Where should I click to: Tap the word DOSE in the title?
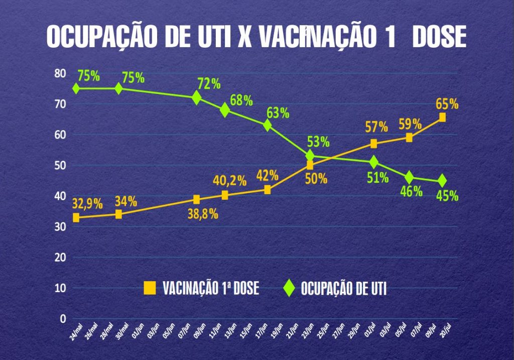439,37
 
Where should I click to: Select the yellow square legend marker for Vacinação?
150,288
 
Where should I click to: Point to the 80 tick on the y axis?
60,73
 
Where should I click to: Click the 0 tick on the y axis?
63,319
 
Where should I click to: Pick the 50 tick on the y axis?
60,165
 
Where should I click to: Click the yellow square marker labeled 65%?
442,117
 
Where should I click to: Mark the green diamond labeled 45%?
442,181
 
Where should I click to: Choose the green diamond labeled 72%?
197,97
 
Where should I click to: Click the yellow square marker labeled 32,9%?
76,217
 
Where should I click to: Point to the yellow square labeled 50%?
310,165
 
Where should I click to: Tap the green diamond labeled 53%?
310,156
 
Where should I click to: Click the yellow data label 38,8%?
203,214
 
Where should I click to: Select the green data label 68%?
241,100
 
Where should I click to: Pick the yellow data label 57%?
376,127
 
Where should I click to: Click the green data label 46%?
411,191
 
